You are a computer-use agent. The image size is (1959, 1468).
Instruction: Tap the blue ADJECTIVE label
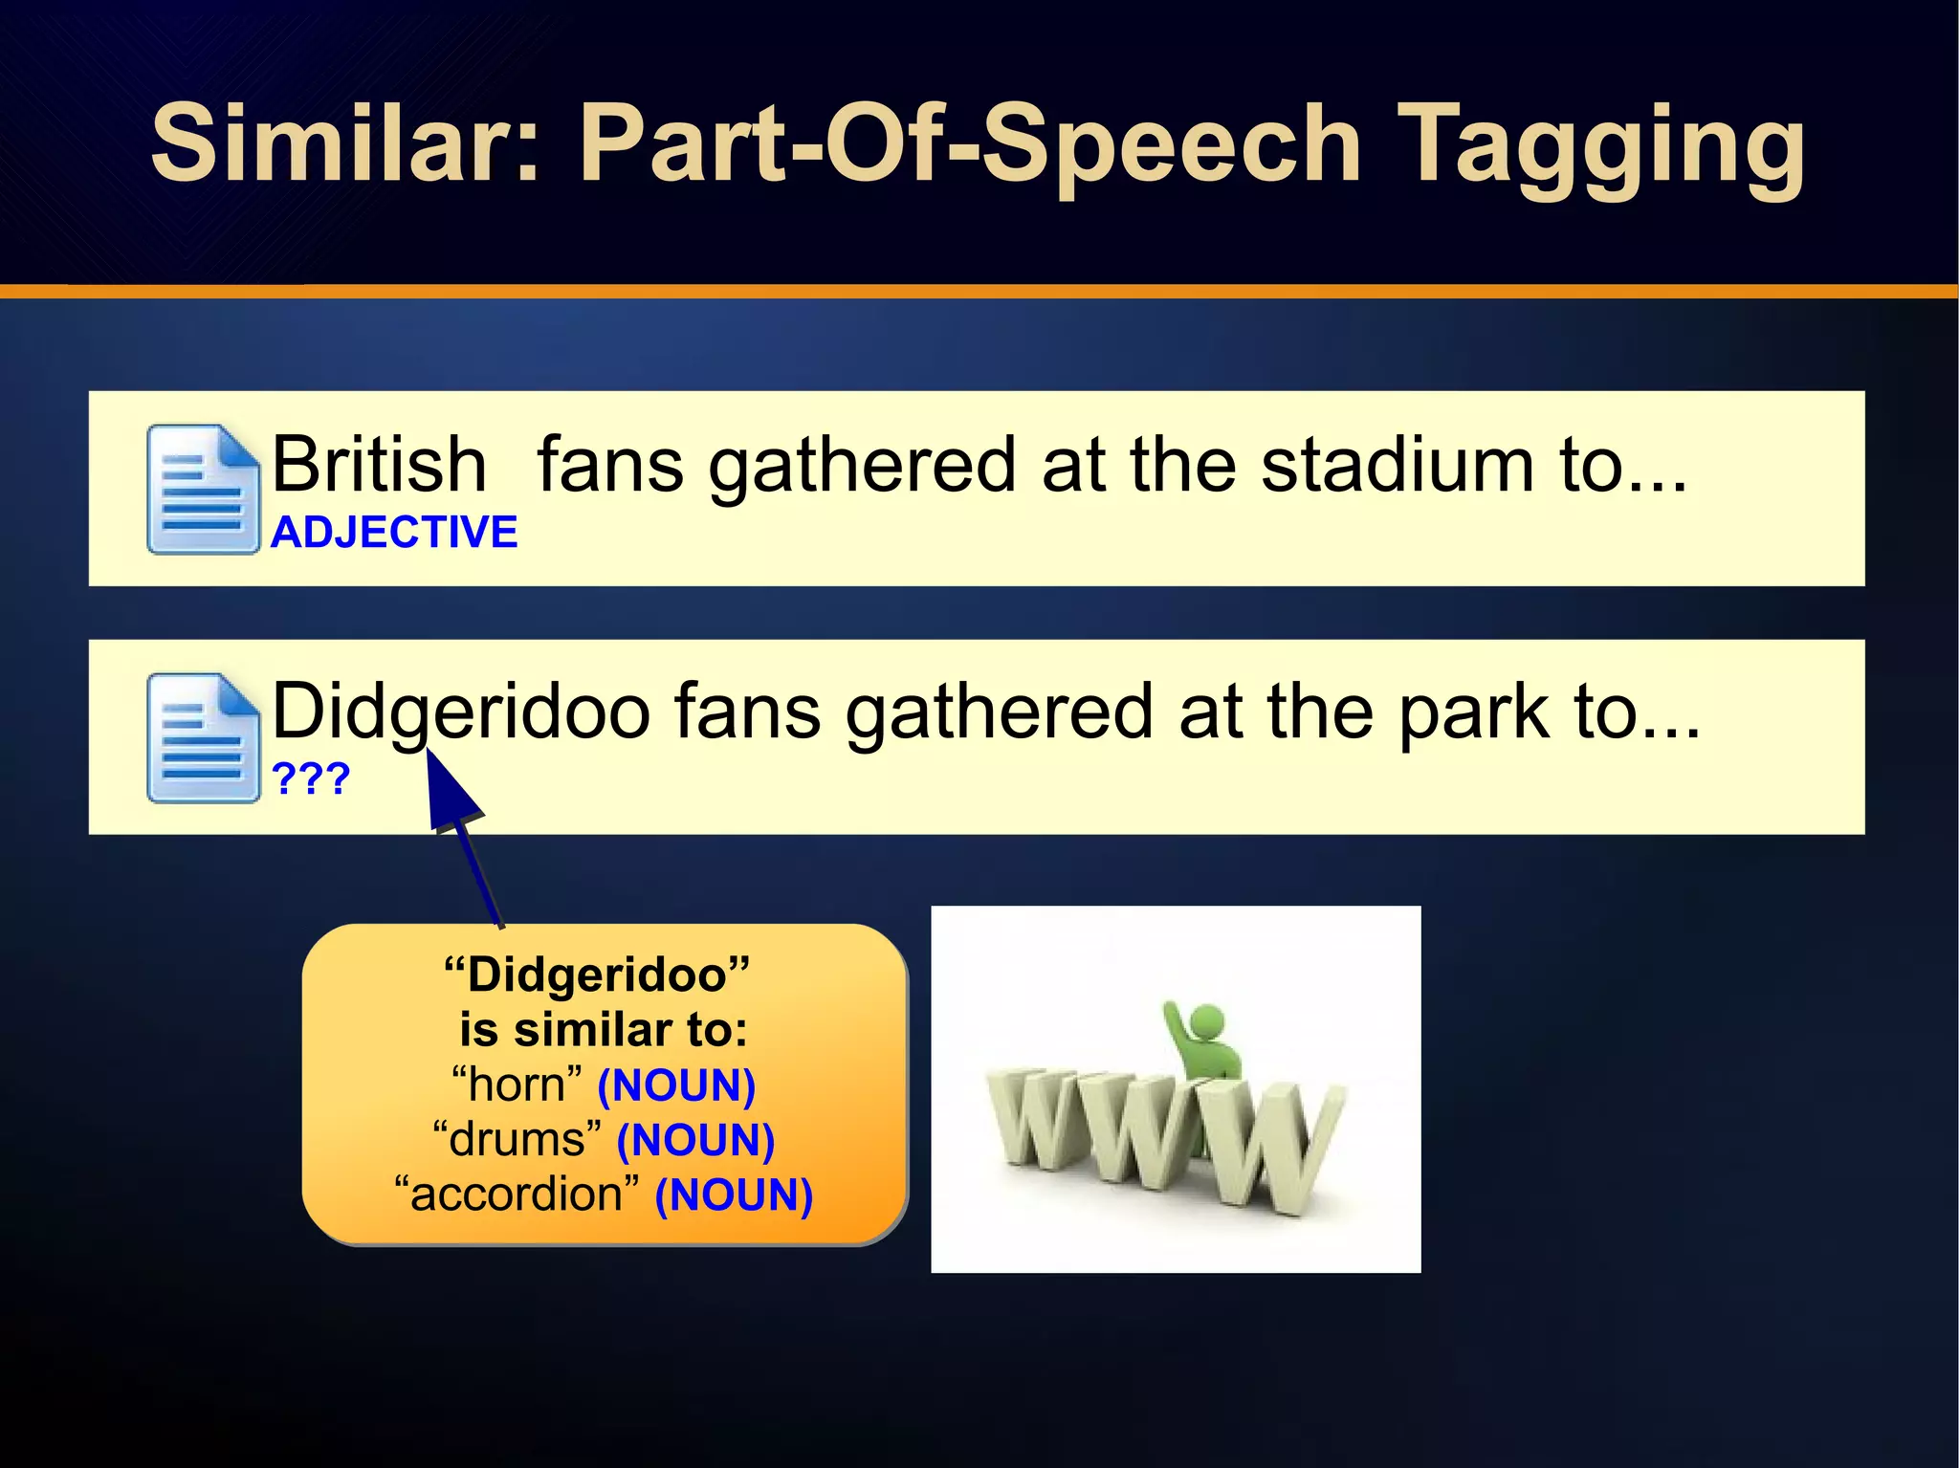tap(393, 532)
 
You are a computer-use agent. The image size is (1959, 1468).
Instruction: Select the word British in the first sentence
tap(379, 465)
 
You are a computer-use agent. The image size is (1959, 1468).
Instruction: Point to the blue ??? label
tap(311, 778)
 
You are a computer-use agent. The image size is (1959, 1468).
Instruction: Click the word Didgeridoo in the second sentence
tap(461, 712)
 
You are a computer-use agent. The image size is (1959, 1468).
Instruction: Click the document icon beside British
tap(203, 489)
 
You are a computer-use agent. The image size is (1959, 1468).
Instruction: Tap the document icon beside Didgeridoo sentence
tap(203, 737)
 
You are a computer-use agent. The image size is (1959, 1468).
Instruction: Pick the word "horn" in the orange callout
tap(517, 1085)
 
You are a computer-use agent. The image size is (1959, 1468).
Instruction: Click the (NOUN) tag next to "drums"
tap(695, 1140)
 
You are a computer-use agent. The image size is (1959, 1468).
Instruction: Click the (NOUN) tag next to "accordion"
tap(734, 1194)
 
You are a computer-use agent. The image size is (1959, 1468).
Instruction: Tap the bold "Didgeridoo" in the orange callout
tap(597, 975)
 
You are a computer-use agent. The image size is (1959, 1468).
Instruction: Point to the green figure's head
tap(1208, 1020)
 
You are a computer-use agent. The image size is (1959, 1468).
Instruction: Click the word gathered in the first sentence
tap(861, 465)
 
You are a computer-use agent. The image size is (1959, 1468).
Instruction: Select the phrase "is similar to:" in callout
tap(603, 1030)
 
